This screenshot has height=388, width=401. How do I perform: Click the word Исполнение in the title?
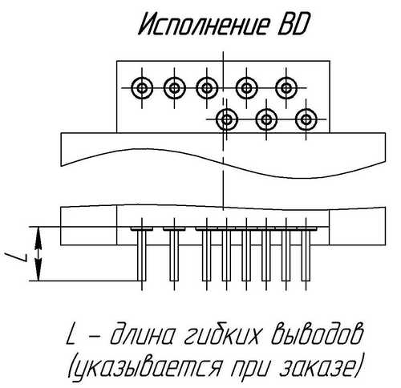click(203, 25)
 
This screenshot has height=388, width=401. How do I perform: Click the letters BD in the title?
click(293, 25)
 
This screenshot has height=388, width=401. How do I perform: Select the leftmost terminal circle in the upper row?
click(142, 88)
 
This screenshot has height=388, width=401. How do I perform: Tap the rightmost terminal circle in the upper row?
click(286, 88)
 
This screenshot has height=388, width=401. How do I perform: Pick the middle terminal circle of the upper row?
click(207, 88)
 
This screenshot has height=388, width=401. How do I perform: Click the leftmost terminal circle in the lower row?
click(227, 119)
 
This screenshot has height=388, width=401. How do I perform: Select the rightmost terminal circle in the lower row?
click(306, 119)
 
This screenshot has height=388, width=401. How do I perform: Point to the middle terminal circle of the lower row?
click(266, 119)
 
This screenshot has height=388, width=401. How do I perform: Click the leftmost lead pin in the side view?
click(142, 254)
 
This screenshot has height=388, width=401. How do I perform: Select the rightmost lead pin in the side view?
click(306, 254)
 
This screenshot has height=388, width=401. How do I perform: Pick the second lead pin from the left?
click(174, 254)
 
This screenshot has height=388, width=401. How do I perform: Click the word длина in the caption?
click(144, 334)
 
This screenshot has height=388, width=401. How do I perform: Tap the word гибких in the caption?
click(222, 333)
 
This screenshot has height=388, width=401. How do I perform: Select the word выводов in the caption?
click(316, 333)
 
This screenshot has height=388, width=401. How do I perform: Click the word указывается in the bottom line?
click(145, 365)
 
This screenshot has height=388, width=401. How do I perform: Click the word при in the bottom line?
click(251, 366)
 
